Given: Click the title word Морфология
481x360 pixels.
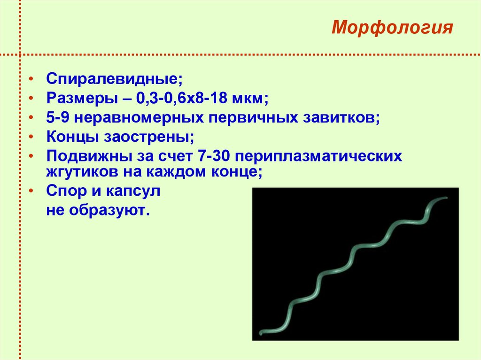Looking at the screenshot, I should (392, 28).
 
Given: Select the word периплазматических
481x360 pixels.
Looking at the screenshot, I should (318, 155).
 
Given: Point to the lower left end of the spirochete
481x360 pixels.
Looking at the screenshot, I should (261, 334).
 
